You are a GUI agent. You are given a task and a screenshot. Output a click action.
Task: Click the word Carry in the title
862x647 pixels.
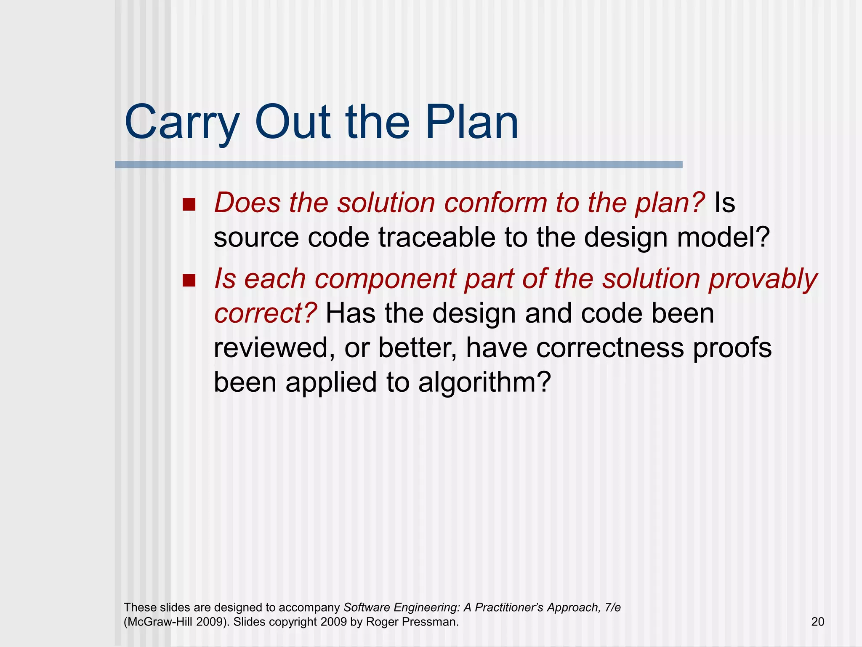tap(181, 123)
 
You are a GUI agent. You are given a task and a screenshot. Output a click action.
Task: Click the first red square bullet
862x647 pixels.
tap(189, 205)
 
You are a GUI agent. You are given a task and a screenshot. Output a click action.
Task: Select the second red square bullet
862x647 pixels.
tap(189, 281)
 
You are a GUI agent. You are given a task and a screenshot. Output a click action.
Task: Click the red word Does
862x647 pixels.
tap(247, 203)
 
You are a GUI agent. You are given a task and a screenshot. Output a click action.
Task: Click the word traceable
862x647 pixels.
tap(436, 237)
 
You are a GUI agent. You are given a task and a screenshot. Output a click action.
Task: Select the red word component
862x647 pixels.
tap(385, 279)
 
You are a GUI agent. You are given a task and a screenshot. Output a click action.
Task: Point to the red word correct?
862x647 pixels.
tap(265, 314)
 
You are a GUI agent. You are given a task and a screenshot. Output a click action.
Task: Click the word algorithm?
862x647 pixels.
tap(484, 383)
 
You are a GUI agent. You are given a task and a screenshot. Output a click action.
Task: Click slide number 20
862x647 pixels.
tap(817, 622)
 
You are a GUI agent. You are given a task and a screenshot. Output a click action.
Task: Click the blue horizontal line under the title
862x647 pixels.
tap(398, 165)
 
